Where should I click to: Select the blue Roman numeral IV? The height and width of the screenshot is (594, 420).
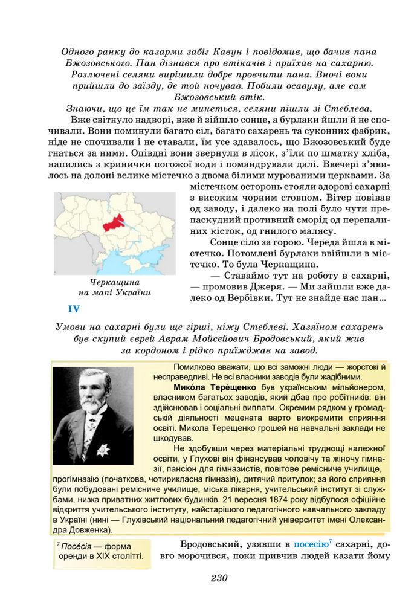pyautogui.click(x=74, y=310)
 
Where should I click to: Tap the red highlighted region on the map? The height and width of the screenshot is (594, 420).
pyautogui.click(x=113, y=223)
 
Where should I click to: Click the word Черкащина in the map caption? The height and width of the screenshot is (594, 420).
pyautogui.click(x=115, y=282)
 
